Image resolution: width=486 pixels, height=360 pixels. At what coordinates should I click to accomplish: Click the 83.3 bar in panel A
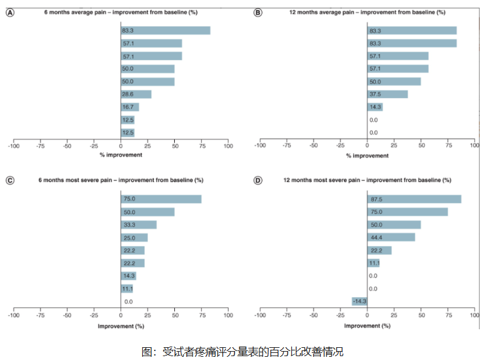tap(165, 31)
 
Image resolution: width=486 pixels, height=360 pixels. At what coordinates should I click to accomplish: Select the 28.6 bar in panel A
tap(136, 94)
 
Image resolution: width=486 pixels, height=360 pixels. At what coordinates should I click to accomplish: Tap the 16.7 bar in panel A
tap(130, 107)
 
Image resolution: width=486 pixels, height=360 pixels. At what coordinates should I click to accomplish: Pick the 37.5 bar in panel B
tap(387, 94)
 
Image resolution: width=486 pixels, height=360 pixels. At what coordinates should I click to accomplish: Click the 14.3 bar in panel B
tap(375, 107)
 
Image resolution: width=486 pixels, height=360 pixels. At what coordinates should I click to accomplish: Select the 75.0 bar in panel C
tap(161, 199)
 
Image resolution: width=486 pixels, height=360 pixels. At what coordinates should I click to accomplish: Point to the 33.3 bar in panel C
tap(138, 225)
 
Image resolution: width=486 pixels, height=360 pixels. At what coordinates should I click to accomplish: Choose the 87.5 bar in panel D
tap(414, 199)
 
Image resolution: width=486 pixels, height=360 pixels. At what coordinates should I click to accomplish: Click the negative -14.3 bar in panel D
tap(359, 301)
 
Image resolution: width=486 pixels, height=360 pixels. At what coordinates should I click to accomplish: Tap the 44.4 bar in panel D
tap(391, 238)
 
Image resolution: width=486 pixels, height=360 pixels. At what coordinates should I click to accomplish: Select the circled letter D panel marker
tap(258, 181)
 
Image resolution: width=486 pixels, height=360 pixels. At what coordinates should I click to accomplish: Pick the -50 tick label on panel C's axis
tap(67, 316)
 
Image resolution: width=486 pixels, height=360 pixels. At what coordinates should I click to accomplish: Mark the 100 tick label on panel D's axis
tap(474, 316)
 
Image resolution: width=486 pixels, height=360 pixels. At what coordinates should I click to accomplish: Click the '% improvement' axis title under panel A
tap(120, 156)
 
